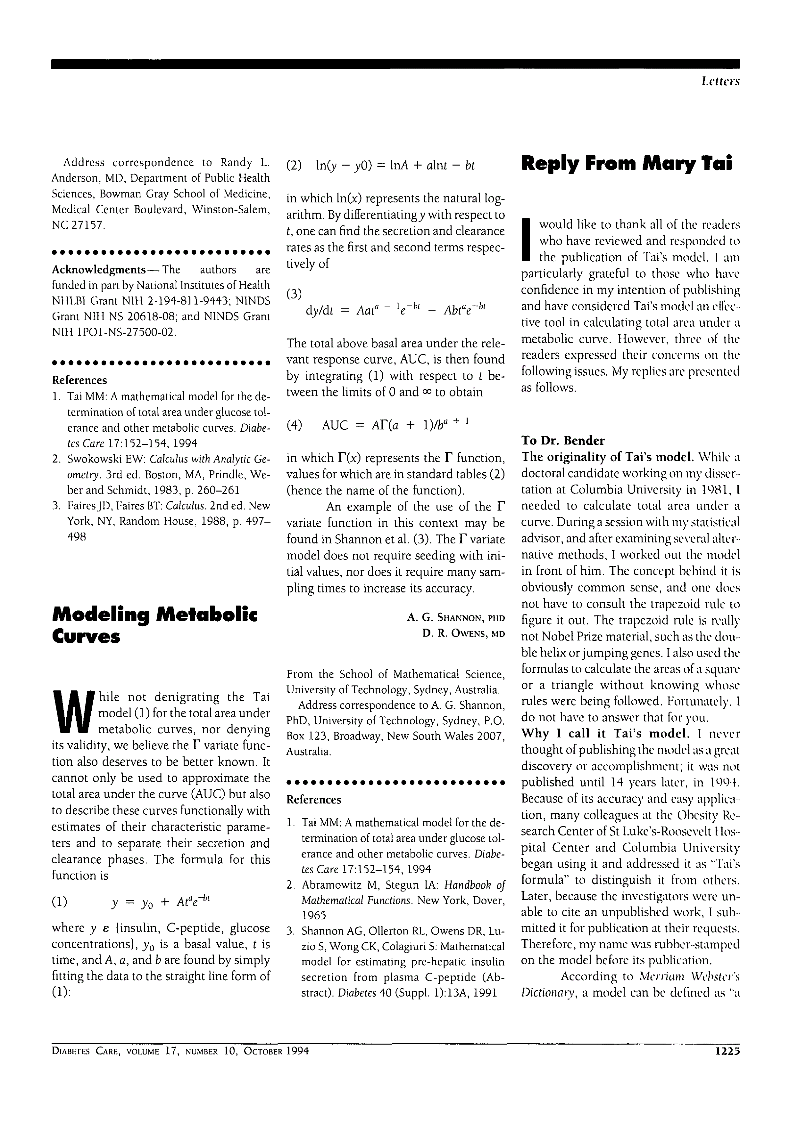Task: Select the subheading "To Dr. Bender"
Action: (x=563, y=440)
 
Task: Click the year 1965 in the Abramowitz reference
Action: (x=313, y=915)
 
